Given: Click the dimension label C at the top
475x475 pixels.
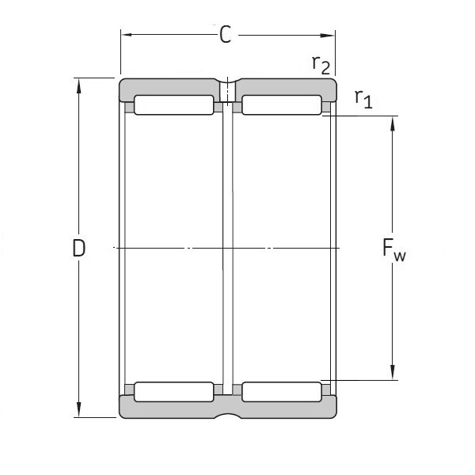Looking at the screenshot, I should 226,36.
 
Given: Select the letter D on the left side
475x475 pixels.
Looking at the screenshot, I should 78,249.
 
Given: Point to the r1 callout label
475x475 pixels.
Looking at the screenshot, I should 363,98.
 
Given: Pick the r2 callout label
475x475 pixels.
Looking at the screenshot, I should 320,65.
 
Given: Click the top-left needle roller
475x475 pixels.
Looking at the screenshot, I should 173,104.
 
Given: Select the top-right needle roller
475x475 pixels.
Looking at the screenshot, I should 281,104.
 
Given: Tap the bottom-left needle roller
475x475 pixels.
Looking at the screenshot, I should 173,391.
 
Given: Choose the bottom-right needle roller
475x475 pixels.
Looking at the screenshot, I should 281,391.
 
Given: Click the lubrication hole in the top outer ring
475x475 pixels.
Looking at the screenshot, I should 227,89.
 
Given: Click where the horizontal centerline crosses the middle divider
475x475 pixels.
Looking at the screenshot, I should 227,249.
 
